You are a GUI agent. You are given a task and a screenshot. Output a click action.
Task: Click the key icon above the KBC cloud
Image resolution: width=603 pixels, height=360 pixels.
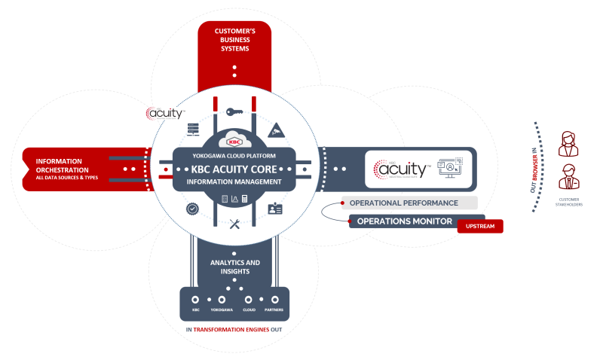tap(234, 112)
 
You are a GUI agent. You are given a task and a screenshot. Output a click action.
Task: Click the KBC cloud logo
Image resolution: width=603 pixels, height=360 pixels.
tap(234, 141)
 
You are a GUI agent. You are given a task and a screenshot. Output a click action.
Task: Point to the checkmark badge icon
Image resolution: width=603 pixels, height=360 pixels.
tap(192, 209)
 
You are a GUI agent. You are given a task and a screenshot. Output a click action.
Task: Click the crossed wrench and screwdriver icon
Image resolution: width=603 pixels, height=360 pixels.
tap(234, 223)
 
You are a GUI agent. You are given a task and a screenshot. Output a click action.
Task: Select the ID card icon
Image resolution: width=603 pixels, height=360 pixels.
tap(276, 209)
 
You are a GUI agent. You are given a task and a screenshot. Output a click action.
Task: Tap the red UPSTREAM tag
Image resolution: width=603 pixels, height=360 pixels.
tap(480, 225)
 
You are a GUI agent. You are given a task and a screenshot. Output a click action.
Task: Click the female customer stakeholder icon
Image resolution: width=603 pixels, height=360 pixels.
tap(568, 143)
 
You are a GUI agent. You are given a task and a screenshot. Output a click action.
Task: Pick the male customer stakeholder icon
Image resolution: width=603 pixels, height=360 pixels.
tap(568, 179)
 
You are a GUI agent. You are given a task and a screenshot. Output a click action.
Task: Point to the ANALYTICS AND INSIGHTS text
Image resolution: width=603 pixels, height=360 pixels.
tap(234, 267)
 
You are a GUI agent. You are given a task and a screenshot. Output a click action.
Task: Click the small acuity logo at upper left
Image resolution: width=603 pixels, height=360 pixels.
tap(164, 114)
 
